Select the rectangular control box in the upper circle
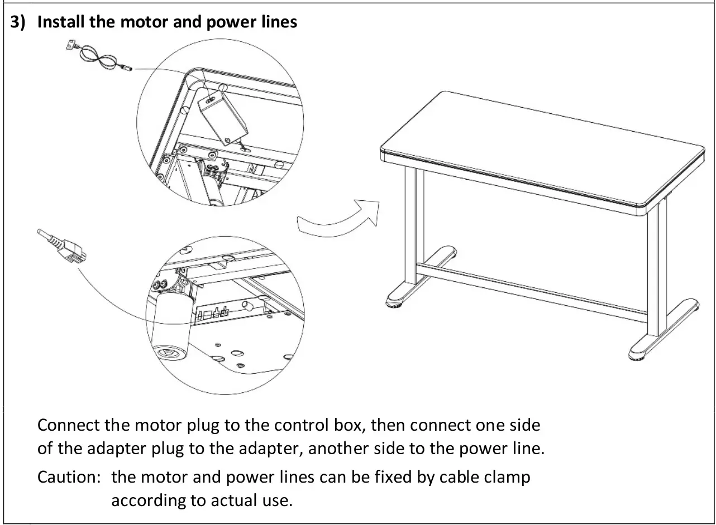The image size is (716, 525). coord(222,118)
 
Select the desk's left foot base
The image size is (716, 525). coord(413,290)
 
